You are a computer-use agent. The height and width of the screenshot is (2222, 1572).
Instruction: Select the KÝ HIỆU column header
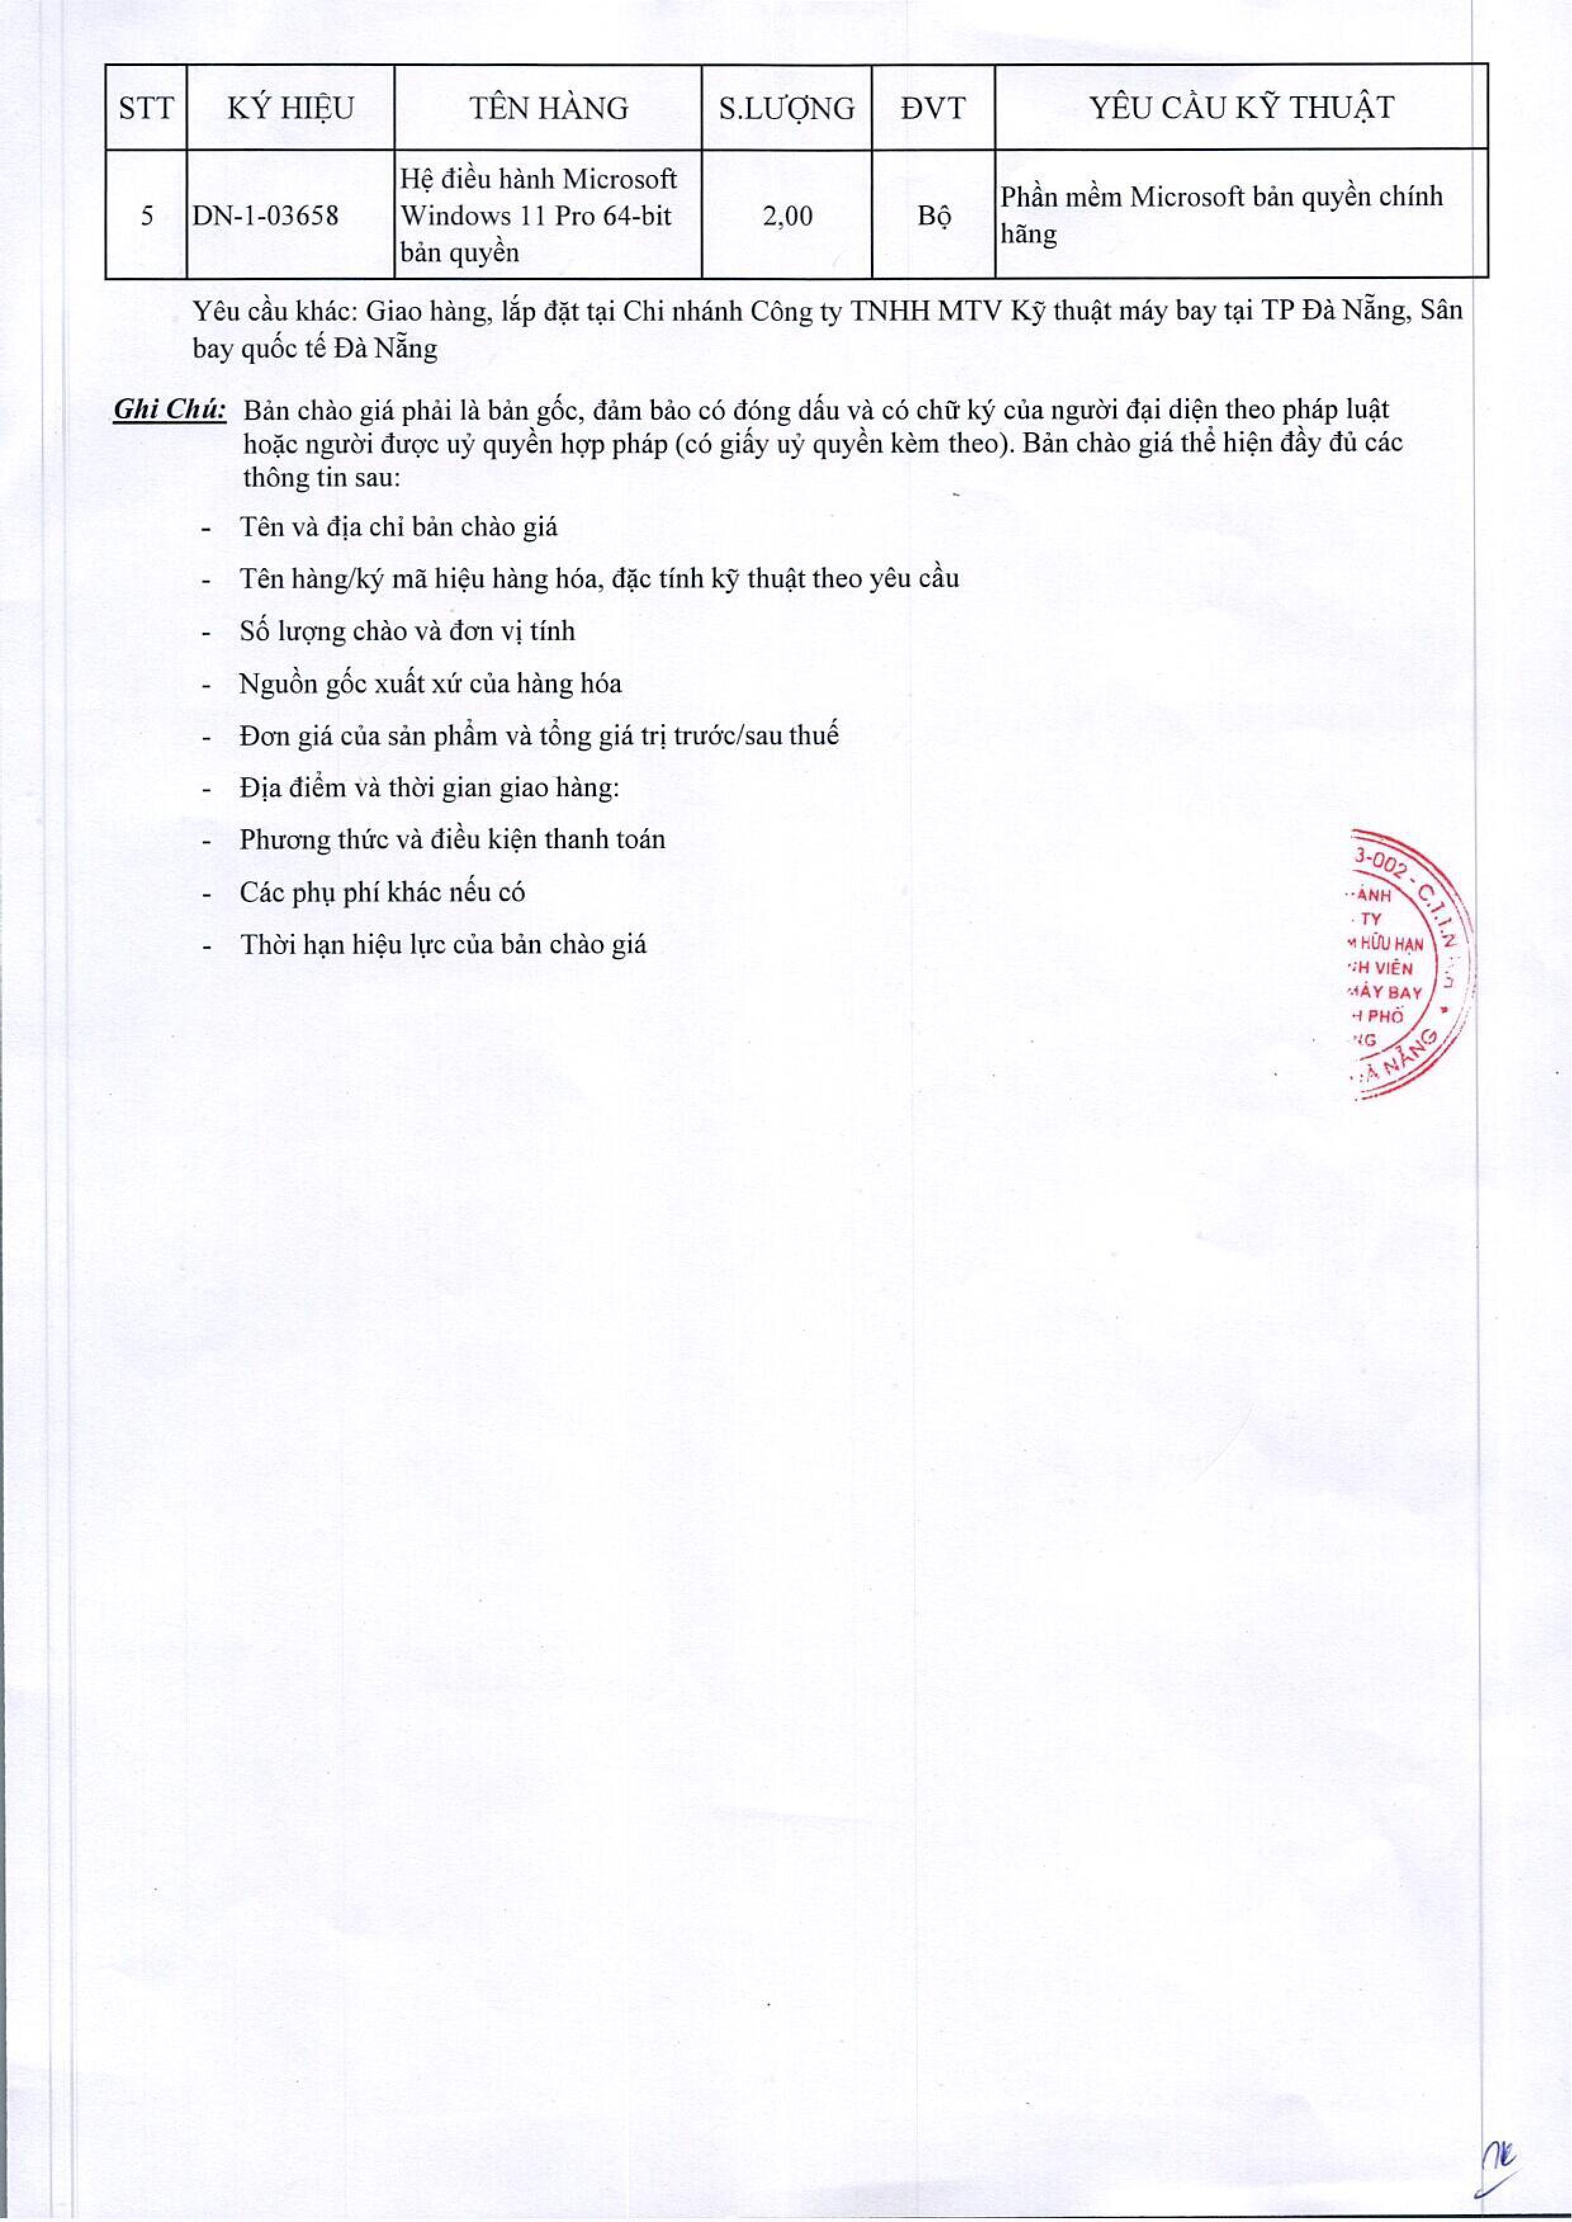(x=290, y=108)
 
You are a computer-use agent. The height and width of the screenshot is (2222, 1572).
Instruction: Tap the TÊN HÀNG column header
(x=549, y=108)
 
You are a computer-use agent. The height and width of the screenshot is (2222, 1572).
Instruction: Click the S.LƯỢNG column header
(x=786, y=108)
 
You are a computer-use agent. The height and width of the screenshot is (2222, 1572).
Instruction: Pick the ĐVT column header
(x=933, y=108)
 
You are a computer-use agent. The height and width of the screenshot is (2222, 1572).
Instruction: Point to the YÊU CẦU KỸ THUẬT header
(x=1242, y=108)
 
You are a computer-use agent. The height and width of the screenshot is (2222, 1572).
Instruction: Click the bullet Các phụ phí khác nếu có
(x=382, y=892)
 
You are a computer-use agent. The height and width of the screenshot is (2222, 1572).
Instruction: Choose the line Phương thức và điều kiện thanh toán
(x=452, y=839)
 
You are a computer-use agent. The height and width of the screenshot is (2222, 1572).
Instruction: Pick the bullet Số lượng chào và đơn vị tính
(x=408, y=631)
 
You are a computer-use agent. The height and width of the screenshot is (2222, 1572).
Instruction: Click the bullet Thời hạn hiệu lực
(x=443, y=944)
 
